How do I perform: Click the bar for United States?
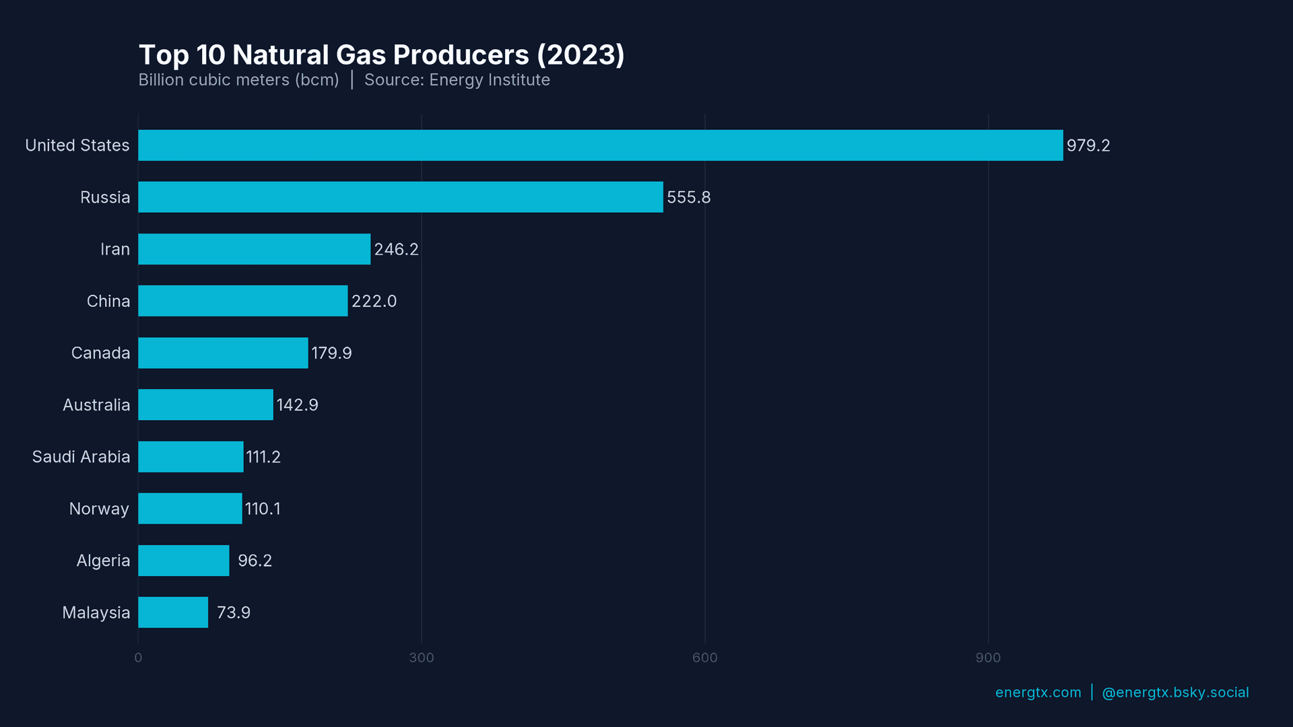tap(600, 145)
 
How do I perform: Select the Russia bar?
tap(401, 197)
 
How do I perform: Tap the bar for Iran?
tap(254, 249)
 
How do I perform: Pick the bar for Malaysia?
tap(173, 613)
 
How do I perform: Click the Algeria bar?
tap(183, 561)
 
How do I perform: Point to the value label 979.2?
tap(1088, 145)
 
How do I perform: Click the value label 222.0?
tap(374, 301)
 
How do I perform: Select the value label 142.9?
tap(297, 405)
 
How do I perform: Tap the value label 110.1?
tap(263, 509)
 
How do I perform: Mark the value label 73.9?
tap(233, 613)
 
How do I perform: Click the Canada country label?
tap(100, 353)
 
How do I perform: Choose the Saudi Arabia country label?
tap(81, 456)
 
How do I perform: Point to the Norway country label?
tap(99, 509)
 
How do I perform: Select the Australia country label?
tap(96, 405)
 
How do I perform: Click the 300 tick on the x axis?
tap(422, 658)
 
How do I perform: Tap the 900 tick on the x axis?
tap(988, 658)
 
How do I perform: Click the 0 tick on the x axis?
tap(138, 658)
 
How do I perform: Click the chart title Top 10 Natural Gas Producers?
tap(381, 55)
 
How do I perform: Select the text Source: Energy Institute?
tap(457, 80)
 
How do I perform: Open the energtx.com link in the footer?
tap(1038, 693)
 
